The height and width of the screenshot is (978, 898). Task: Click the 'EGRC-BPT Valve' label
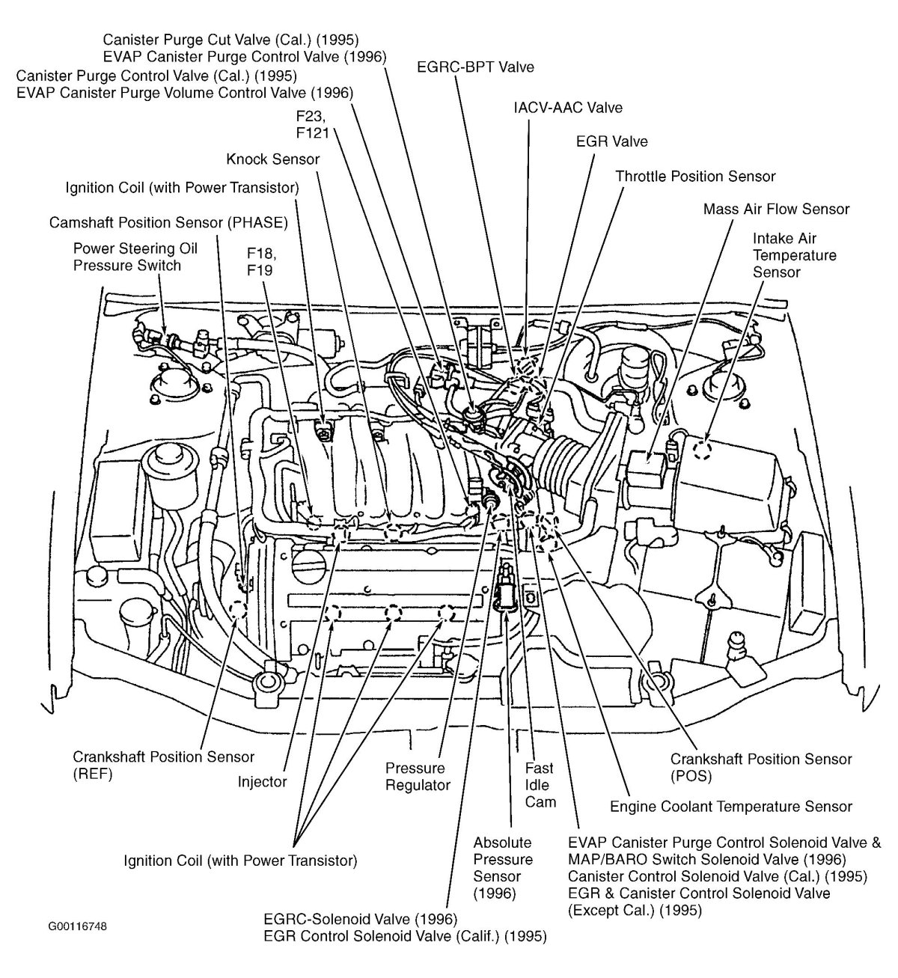tap(475, 67)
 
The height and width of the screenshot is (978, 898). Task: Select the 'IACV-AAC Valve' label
tap(567, 108)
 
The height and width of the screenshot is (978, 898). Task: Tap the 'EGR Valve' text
tap(611, 141)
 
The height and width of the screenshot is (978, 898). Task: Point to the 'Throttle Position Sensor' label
tap(695, 177)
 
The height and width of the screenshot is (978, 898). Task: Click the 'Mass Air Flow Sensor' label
tap(776, 210)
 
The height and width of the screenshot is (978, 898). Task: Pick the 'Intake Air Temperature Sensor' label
tap(794, 255)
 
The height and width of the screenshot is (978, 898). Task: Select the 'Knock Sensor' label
tap(272, 159)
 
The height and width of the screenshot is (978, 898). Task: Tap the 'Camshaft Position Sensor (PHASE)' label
tap(168, 223)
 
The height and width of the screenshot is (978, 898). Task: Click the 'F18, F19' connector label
tap(260, 260)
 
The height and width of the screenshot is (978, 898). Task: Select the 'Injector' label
tap(262, 782)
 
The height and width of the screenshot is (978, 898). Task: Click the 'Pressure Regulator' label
tap(417, 777)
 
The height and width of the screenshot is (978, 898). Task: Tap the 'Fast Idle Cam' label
tap(540, 785)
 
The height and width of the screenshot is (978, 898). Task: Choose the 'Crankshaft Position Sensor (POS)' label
tap(760, 768)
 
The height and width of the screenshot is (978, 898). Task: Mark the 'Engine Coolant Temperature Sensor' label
tap(730, 807)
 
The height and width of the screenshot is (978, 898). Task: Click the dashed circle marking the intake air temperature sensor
tap(702, 450)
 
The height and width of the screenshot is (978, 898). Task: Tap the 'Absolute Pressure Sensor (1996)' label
tap(503, 868)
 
